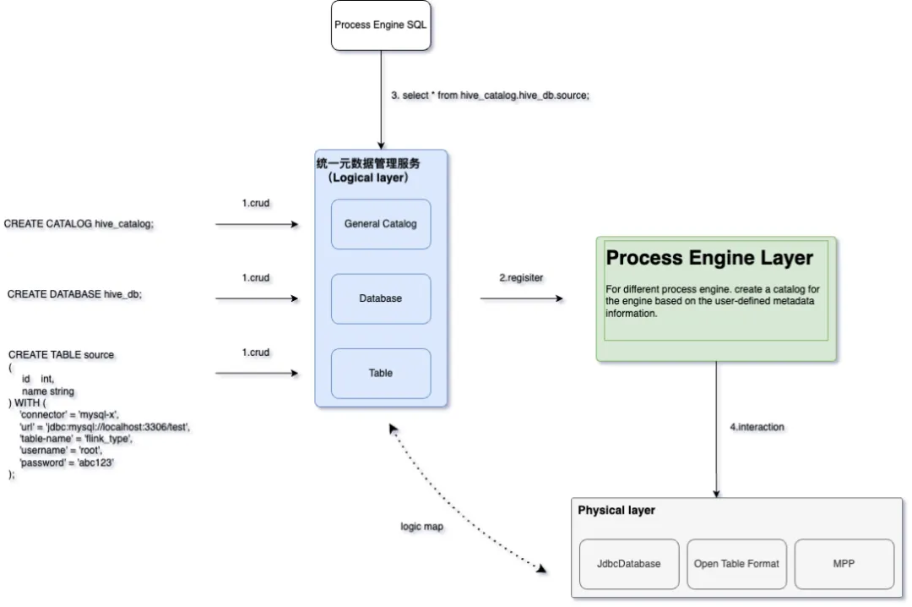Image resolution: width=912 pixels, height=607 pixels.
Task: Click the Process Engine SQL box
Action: pyautogui.click(x=380, y=25)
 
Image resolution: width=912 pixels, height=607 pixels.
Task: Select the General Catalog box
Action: pyautogui.click(x=381, y=224)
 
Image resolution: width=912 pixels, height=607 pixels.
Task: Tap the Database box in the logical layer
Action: pyautogui.click(x=381, y=298)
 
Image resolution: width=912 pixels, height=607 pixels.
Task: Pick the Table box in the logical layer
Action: pyautogui.click(x=381, y=373)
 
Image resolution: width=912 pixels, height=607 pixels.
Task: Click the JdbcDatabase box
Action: pyautogui.click(x=629, y=564)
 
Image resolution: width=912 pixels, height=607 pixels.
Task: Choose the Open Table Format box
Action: pyautogui.click(x=736, y=564)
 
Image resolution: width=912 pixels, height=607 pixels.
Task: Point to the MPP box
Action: pyautogui.click(x=844, y=564)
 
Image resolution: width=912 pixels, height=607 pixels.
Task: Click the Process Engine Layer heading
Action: pyautogui.click(x=709, y=258)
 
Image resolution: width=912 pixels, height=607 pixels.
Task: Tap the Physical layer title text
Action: pyautogui.click(x=616, y=511)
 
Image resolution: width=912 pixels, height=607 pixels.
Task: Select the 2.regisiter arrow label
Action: pyautogui.click(x=521, y=277)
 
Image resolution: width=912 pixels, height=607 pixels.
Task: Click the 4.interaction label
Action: pyautogui.click(x=757, y=427)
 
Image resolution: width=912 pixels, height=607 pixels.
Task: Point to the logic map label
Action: pyautogui.click(x=421, y=527)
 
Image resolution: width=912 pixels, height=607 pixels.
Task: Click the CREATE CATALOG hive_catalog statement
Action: pyautogui.click(x=79, y=224)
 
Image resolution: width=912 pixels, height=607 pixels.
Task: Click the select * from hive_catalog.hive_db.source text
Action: pyautogui.click(x=490, y=96)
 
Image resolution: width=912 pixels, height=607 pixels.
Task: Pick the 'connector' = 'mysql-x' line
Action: pyautogui.click(x=68, y=415)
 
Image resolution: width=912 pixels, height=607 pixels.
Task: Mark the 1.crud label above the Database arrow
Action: pyautogui.click(x=255, y=277)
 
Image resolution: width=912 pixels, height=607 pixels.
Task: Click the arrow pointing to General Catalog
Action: pyautogui.click(x=258, y=225)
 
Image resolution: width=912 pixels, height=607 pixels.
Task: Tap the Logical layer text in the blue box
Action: pyautogui.click(x=368, y=178)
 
